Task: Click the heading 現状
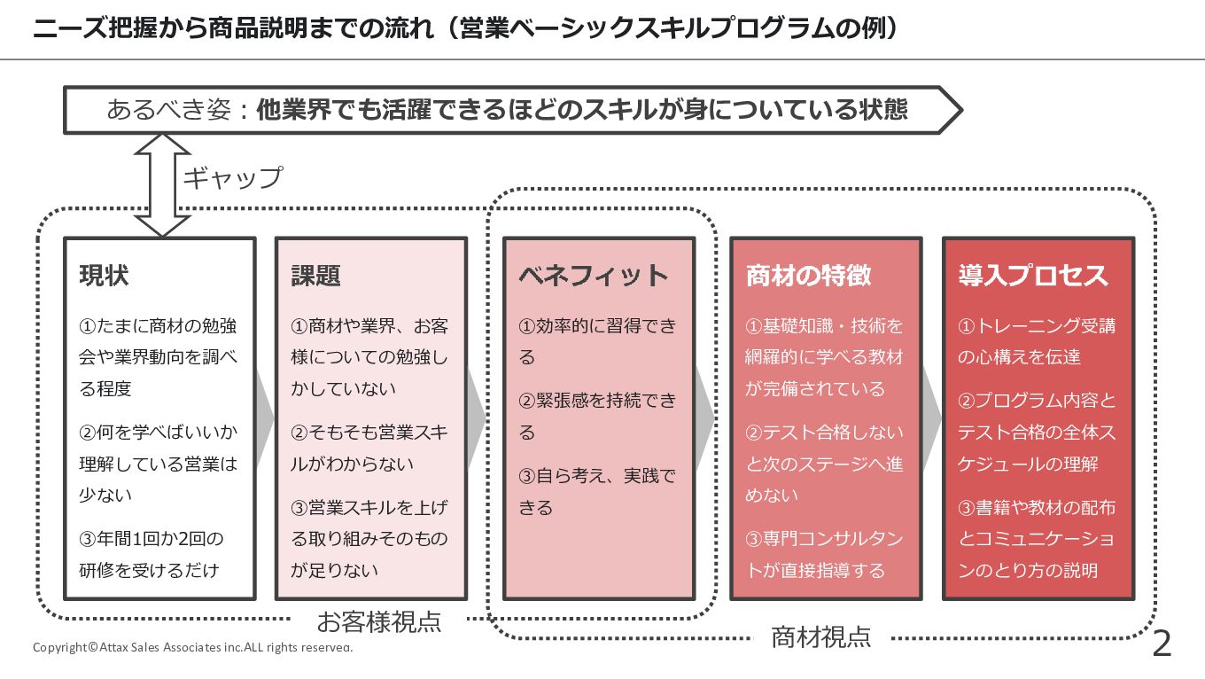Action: coord(104,276)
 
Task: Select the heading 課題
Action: coord(315,276)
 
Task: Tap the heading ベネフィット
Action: coord(593,276)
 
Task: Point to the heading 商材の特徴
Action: coord(808,276)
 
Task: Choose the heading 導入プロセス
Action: coord(1033,276)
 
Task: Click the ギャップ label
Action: coord(232,177)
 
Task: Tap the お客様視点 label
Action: coord(378,621)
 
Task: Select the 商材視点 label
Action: coord(820,636)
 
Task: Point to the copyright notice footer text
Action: coord(192,647)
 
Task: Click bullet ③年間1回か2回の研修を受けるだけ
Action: coord(150,554)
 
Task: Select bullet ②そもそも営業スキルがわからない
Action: coord(369,449)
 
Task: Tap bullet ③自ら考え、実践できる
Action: coord(596,492)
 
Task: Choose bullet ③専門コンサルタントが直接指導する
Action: coord(824,554)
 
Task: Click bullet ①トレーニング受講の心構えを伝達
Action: coord(1036,341)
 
